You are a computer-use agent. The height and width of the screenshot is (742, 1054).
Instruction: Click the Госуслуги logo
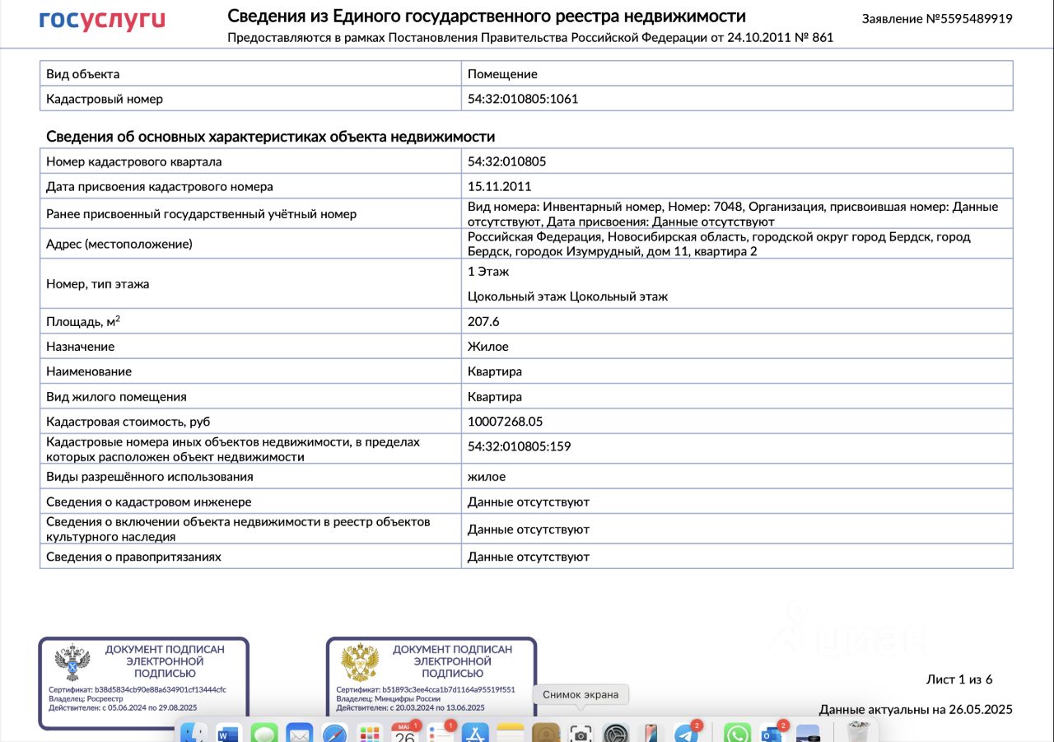tap(102, 20)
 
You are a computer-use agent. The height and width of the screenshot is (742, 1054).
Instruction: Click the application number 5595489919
tap(937, 18)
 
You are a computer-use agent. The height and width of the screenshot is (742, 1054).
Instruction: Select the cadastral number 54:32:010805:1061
tap(523, 99)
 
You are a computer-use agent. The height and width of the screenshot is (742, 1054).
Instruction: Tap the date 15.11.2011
tap(499, 186)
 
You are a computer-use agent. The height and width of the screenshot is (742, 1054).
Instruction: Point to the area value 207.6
tap(483, 321)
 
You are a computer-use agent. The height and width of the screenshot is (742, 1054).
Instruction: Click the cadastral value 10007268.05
tap(505, 422)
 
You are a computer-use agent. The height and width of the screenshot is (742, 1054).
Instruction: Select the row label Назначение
tap(81, 347)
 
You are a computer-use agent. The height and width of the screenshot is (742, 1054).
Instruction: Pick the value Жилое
tap(488, 347)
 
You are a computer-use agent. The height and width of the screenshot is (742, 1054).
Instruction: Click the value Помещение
tap(502, 74)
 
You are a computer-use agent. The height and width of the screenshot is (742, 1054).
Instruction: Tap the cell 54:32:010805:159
tap(519, 446)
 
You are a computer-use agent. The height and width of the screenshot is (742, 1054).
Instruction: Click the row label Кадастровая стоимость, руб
tap(128, 422)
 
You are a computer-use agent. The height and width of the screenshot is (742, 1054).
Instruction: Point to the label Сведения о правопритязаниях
tap(133, 557)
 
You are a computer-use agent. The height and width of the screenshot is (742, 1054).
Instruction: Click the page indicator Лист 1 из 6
tap(959, 679)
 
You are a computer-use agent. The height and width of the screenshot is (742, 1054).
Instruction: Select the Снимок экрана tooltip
tap(581, 694)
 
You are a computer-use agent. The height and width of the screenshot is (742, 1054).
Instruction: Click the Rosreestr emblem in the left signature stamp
tap(72, 661)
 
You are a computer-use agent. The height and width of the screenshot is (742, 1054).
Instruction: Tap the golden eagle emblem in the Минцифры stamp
tap(360, 661)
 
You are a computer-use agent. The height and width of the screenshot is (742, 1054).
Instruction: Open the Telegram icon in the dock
tap(685, 733)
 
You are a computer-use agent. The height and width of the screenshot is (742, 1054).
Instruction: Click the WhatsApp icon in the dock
tap(737, 733)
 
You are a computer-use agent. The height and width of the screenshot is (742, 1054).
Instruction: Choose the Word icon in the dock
tap(228, 733)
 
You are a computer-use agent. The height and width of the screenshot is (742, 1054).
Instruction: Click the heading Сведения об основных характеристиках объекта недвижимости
tap(270, 137)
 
